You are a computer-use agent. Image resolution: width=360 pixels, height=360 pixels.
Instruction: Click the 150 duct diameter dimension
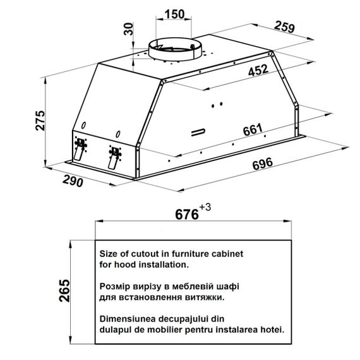pyautogui.click(x=174, y=15)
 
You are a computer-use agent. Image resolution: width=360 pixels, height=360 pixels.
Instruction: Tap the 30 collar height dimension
pyautogui.click(x=129, y=29)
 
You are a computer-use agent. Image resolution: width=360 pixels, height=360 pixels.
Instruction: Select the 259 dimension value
pyautogui.click(x=284, y=27)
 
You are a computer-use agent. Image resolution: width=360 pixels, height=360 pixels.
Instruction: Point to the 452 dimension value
pyautogui.click(x=258, y=70)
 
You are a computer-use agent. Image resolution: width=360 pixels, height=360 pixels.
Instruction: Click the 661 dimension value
pyautogui.click(x=253, y=129)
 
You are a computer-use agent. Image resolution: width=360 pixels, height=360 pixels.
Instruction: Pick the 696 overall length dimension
pyautogui.click(x=263, y=164)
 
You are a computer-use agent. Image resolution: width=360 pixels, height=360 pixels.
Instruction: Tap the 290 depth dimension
pyautogui.click(x=73, y=181)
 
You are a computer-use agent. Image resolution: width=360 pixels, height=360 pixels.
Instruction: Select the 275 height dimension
pyautogui.click(x=40, y=121)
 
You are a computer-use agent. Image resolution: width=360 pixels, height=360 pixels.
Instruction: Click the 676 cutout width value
pyautogui.click(x=187, y=215)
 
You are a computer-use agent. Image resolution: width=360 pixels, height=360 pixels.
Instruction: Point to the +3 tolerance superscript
pyautogui.click(x=205, y=207)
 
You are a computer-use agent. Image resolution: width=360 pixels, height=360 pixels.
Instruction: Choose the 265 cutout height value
pyautogui.click(x=64, y=291)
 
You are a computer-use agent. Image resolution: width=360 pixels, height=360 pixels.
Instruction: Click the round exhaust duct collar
pyautogui.click(x=175, y=50)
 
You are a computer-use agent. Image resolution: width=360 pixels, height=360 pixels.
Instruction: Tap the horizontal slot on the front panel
pyautogui.click(x=198, y=132)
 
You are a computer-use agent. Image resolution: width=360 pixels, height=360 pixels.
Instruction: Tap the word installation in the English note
pyautogui.click(x=164, y=265)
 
